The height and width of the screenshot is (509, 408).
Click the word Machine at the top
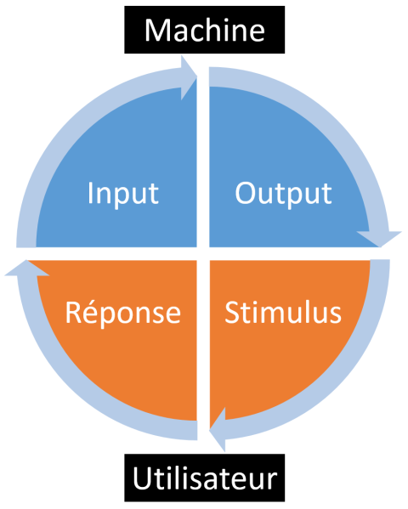tap(205, 30)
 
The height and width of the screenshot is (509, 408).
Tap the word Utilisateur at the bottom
tap(205, 478)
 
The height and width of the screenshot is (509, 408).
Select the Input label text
tap(123, 194)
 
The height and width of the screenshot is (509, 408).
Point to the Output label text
tap(283, 194)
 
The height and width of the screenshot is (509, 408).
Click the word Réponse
tap(122, 312)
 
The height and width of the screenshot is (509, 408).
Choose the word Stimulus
tap(283, 312)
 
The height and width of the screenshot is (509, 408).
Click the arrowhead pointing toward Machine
tap(189, 77)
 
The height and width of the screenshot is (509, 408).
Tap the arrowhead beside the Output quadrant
tap(379, 240)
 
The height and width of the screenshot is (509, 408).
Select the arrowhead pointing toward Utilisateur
tap(218, 429)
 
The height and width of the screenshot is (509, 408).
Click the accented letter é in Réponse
tap(91, 313)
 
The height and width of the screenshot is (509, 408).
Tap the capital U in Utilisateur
tap(142, 478)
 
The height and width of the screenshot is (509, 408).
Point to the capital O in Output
tap(246, 194)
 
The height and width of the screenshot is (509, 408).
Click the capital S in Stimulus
tap(232, 313)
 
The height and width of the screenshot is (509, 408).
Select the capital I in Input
tap(90, 194)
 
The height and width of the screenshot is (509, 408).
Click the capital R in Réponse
tap(74, 313)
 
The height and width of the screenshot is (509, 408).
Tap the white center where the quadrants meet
tap(203, 253)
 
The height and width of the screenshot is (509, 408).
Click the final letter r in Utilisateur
tap(272, 482)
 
